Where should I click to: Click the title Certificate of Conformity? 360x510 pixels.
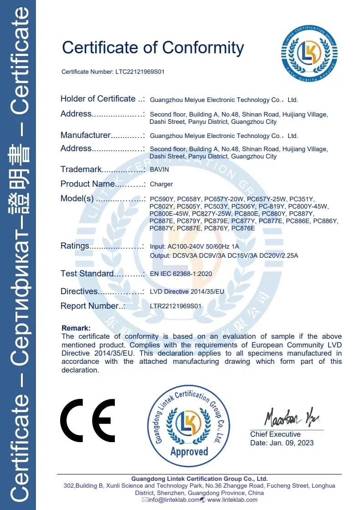point(153,47)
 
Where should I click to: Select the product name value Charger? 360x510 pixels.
point(161,184)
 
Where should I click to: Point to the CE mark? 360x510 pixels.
point(87,420)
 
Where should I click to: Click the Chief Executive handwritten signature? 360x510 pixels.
point(287,416)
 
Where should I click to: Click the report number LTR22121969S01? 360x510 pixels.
point(175,306)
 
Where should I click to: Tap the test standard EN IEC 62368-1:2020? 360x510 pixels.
point(181,274)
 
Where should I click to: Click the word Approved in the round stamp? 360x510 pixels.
point(189,451)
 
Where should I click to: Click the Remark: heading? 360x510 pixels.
point(76,328)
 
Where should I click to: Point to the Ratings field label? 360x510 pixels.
point(75,246)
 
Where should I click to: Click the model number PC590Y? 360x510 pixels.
point(162,199)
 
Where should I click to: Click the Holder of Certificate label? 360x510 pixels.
point(98,99)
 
